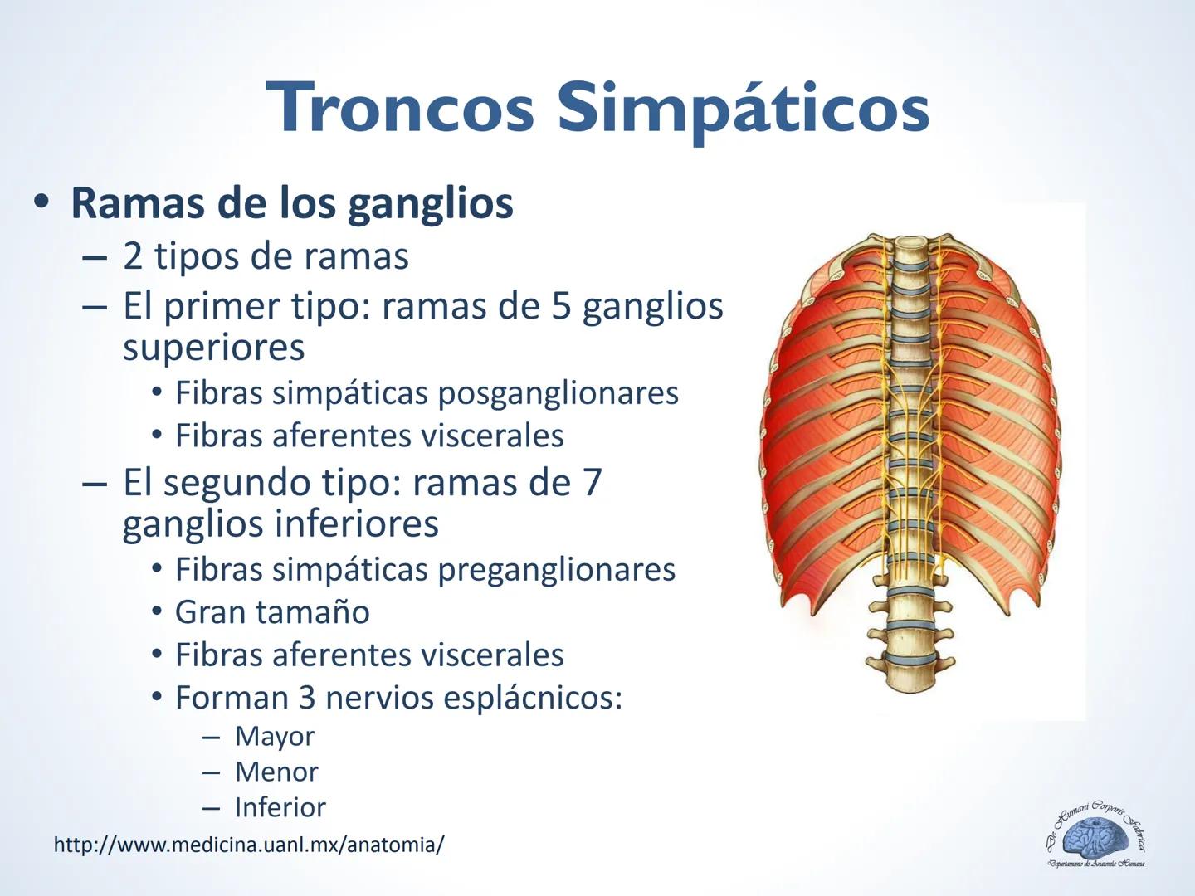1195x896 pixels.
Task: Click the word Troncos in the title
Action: click(400, 108)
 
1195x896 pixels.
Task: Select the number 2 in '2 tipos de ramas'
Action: click(132, 256)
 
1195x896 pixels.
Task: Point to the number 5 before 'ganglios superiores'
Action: click(560, 306)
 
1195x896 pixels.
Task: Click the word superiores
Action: click(213, 347)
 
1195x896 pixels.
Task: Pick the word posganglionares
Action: click(558, 393)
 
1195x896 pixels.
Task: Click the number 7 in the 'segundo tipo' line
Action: click(592, 482)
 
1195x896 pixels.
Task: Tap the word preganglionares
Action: click(556, 570)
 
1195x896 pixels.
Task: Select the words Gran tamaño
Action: click(272, 612)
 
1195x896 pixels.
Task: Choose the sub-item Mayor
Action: click(275, 736)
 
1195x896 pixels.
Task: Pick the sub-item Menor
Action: click(276, 772)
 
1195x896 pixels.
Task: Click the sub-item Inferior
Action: click(280, 807)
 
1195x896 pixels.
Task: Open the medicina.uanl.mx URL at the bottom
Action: click(249, 845)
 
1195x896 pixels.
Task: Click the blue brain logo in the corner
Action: click(1095, 838)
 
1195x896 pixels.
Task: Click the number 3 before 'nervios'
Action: click(306, 698)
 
